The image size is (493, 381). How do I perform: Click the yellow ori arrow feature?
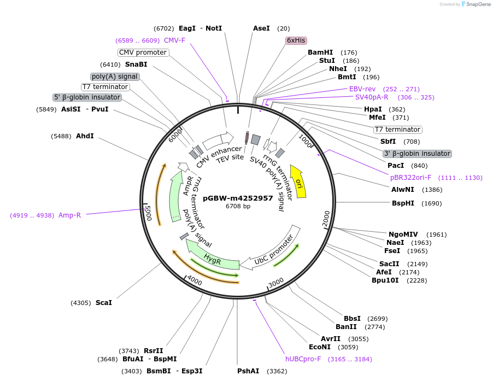[298, 181]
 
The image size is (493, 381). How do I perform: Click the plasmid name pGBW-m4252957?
[238, 198]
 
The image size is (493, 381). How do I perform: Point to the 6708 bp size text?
[238, 206]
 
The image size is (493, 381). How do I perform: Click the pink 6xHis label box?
[296, 40]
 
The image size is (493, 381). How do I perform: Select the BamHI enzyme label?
[320, 52]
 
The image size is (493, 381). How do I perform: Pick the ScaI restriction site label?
[103, 302]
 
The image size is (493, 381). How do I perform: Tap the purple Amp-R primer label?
[69, 215]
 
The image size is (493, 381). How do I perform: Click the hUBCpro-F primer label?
[303, 359]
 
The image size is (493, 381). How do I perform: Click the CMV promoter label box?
[143, 52]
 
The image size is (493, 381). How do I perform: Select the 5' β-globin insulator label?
[87, 97]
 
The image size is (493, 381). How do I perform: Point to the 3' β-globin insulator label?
[417, 154]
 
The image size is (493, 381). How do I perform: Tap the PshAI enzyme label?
[248, 371]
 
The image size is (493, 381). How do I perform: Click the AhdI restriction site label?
[85, 136]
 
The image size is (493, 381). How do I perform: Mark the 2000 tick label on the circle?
[326, 217]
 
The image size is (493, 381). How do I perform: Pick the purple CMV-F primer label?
[174, 40]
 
